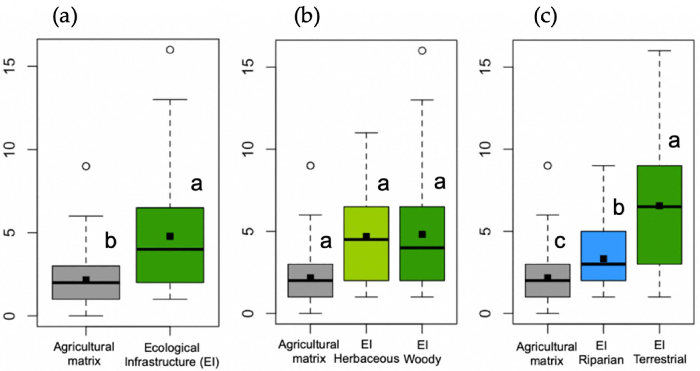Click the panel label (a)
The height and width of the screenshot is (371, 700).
point(65,17)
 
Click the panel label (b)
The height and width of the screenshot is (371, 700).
point(307,17)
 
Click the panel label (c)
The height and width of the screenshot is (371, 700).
point(545,17)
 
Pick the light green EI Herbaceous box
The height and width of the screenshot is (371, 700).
point(366,261)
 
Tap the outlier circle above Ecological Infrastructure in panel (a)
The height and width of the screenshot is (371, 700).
point(170,50)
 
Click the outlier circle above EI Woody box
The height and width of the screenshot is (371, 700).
point(422,51)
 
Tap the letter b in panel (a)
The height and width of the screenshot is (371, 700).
point(111,241)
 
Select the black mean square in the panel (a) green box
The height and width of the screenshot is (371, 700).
point(170,236)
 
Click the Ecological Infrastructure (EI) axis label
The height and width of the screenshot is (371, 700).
point(172,355)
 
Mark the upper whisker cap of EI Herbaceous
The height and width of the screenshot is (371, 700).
point(366,133)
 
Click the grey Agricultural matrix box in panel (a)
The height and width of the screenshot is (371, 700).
point(86,291)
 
